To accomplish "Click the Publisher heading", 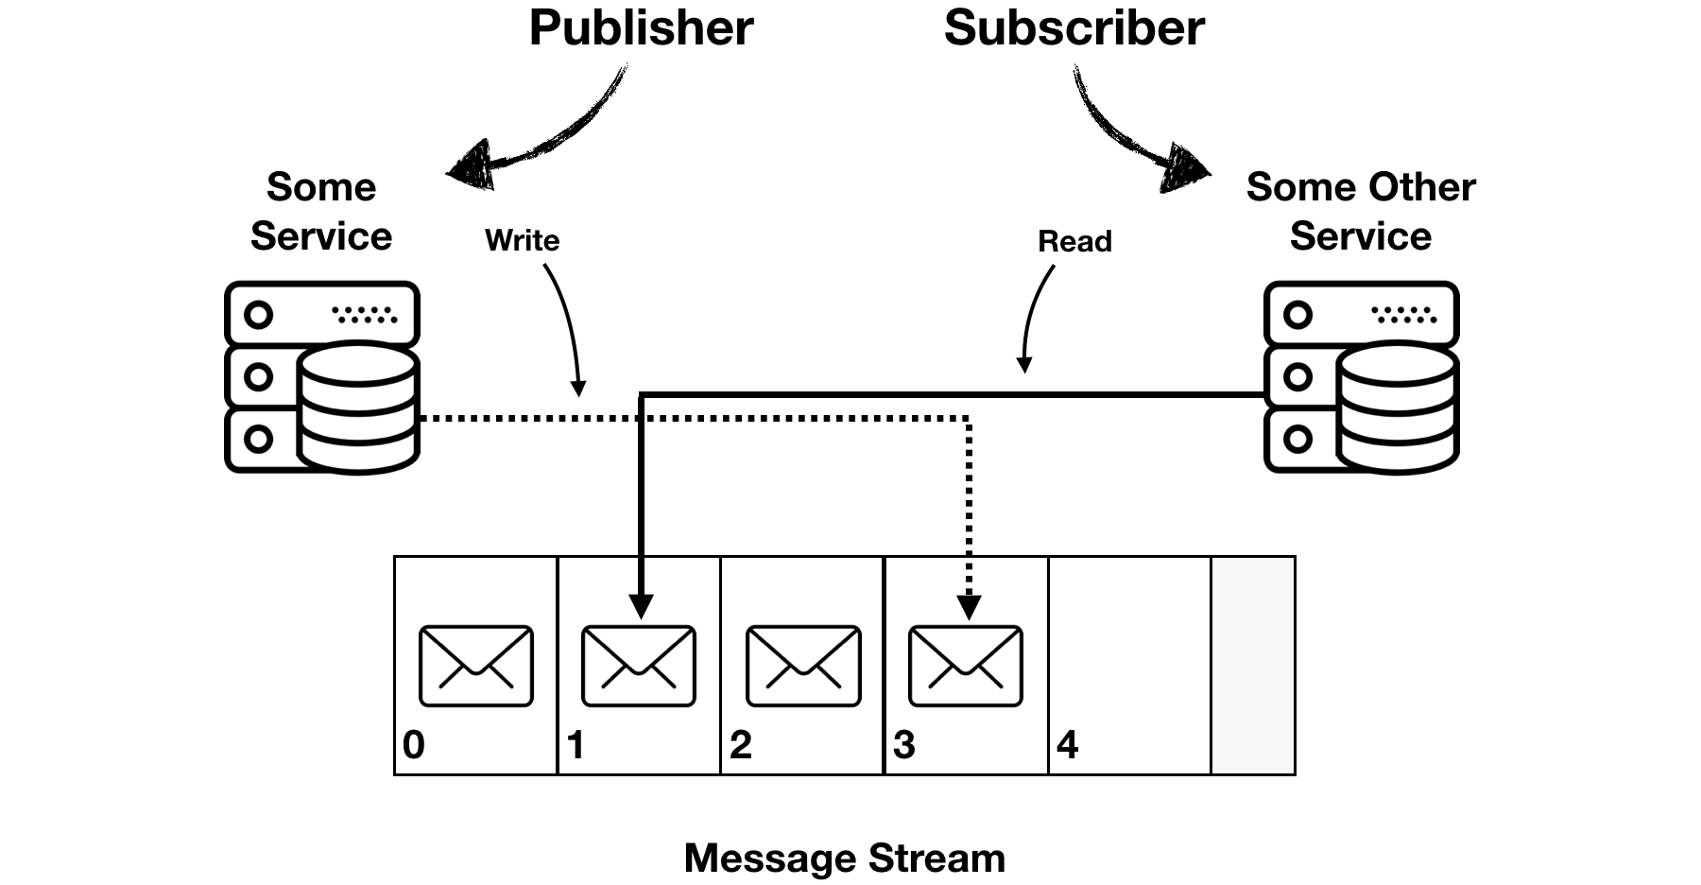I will pyautogui.click(x=641, y=28).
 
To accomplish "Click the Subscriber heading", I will pyautogui.click(x=1074, y=28).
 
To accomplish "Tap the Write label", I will pyautogui.click(x=522, y=240).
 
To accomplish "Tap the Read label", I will pyautogui.click(x=1074, y=241).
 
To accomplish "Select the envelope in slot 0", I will pyautogui.click(x=475, y=666).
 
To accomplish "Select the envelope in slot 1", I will pyautogui.click(x=639, y=666).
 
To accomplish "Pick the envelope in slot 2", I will pyautogui.click(x=802, y=666).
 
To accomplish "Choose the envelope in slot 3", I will pyautogui.click(x=965, y=666).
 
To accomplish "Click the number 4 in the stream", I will pyautogui.click(x=1067, y=745).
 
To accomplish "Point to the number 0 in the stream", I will pyautogui.click(x=413, y=745).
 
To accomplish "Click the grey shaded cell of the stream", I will pyautogui.click(x=1252, y=666).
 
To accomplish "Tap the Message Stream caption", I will pyautogui.click(x=844, y=858).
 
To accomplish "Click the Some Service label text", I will pyautogui.click(x=321, y=212).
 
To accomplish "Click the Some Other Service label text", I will pyautogui.click(x=1361, y=212).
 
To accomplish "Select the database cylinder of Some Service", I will pyautogui.click(x=358, y=408).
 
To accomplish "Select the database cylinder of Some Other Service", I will pyautogui.click(x=1398, y=408).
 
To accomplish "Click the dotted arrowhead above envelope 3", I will pyautogui.click(x=969, y=606).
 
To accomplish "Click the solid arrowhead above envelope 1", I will pyautogui.click(x=641, y=605).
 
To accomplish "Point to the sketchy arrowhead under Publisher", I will pyautogui.click(x=471, y=165).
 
